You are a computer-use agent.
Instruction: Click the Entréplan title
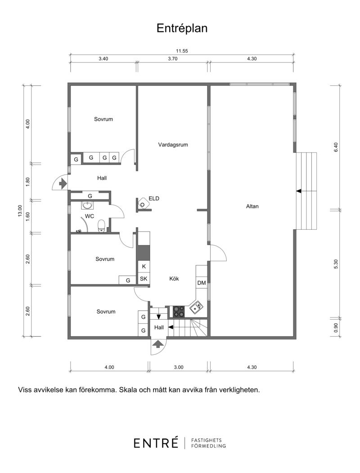pos(182,28)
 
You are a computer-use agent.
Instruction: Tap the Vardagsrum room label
pos(173,145)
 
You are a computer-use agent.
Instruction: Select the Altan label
pos(252,206)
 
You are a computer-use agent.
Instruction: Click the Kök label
pos(174,278)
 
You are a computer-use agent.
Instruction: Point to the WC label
pos(90,216)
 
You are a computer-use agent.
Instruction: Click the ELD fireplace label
pos(154,198)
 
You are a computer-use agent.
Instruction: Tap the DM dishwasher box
pos(202,283)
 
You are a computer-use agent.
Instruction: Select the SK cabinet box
pos(144,278)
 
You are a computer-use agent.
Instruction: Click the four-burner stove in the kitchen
pos(179,312)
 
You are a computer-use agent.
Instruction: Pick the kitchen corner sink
pos(196,307)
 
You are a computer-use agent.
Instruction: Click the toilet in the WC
pos(101,226)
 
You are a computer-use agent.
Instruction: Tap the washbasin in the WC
pos(88,205)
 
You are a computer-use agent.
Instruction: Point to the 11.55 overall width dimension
pos(182,51)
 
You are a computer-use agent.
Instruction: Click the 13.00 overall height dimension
pos(20,211)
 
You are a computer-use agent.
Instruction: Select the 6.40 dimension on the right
pos(336,147)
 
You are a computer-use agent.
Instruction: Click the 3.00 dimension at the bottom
pos(179,367)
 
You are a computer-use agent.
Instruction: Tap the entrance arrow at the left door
pos(63,183)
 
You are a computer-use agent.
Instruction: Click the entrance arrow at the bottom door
pos(157,344)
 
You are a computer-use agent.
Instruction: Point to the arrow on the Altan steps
pos(299,191)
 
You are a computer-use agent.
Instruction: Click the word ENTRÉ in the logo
pos(156,443)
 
